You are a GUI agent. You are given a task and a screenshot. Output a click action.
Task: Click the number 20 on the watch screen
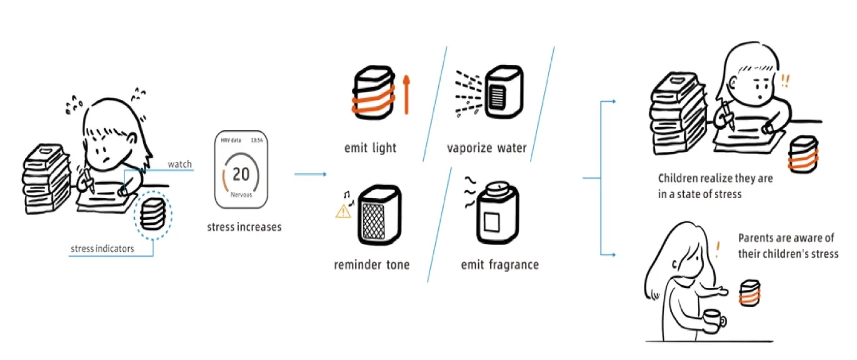241,174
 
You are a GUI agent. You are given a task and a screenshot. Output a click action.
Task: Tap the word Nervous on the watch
241,194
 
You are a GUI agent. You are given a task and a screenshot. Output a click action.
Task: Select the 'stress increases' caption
244,227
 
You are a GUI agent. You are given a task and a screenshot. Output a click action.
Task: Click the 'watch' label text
179,164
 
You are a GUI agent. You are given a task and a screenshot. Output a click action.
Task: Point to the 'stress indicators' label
102,249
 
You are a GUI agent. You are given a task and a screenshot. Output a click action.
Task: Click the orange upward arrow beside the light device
406,94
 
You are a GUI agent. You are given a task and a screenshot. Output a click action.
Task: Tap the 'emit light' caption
370,148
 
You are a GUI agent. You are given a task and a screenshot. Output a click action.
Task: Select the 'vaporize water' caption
487,148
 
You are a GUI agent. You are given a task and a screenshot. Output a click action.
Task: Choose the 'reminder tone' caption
372,264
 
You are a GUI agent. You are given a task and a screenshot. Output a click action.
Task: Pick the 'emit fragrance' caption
499,264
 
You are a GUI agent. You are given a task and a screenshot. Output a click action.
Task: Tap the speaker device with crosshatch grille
379,215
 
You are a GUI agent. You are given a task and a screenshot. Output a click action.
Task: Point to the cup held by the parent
712,321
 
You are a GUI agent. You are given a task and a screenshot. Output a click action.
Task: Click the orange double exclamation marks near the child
784,80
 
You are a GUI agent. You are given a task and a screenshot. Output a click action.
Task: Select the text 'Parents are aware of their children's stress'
788,246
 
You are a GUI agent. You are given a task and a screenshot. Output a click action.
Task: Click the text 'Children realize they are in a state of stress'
715,186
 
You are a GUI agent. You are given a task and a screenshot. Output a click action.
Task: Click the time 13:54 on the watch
256,141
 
